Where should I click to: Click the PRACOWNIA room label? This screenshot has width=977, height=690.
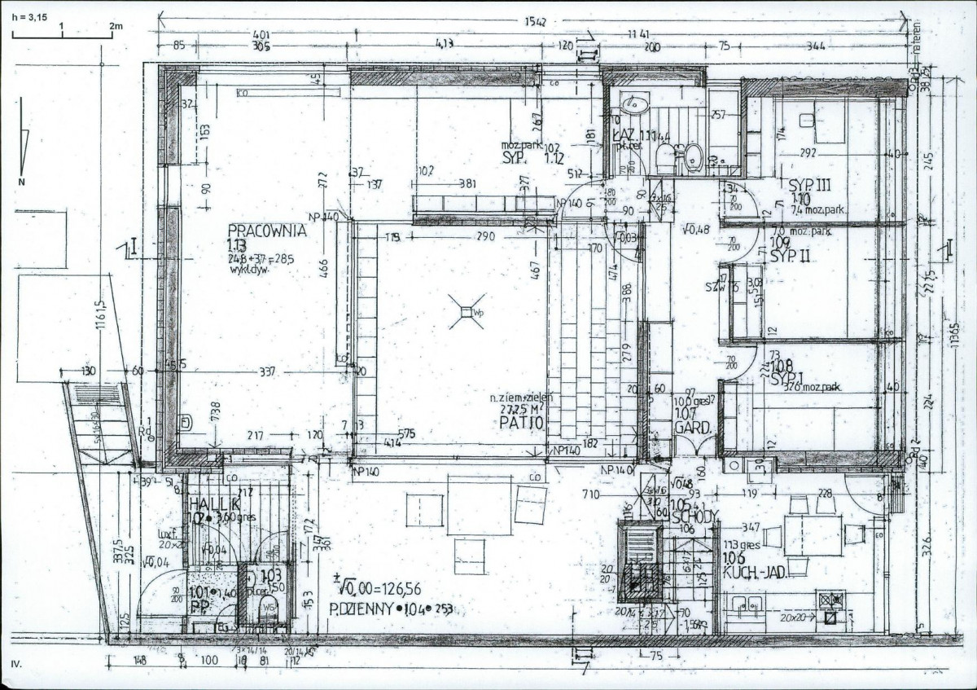[x=266, y=231]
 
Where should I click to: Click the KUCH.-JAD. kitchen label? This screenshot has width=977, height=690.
[x=754, y=573]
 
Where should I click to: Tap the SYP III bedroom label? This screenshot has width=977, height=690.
[x=805, y=185]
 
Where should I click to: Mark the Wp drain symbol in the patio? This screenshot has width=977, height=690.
[x=466, y=312]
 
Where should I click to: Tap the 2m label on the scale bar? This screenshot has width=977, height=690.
[x=115, y=26]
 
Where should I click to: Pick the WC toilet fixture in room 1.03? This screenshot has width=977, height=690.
[x=267, y=607]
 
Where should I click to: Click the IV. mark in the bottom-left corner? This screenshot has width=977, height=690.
[x=16, y=665]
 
